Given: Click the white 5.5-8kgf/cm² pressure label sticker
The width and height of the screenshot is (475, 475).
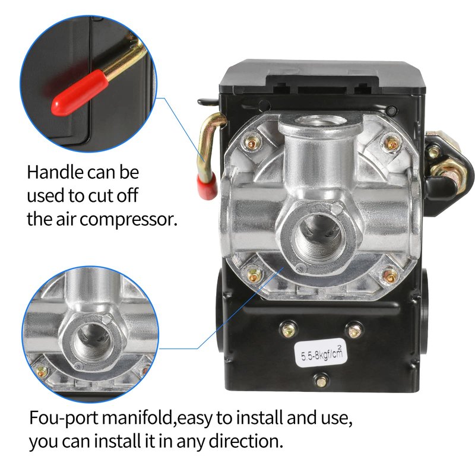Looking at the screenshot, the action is click(x=320, y=352).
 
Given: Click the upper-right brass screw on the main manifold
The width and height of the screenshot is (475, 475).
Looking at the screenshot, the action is click(x=392, y=142).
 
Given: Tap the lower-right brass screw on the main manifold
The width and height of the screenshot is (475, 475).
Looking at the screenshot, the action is click(x=390, y=275).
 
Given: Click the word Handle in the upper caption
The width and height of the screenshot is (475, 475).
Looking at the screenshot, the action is click(x=55, y=172).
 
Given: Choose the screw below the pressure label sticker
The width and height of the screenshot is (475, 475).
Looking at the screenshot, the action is click(x=321, y=380).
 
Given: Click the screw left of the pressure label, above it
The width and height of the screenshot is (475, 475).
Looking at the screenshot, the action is click(x=288, y=329).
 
